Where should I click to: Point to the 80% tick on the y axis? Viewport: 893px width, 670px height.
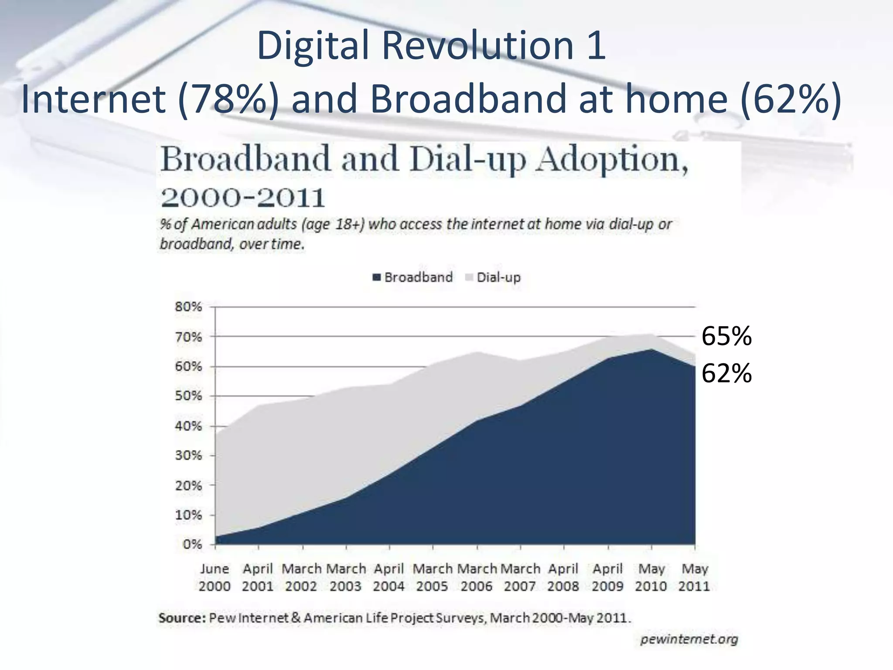point(189,307)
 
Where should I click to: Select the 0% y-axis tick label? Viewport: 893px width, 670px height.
point(192,544)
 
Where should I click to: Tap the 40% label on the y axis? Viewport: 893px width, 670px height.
point(189,426)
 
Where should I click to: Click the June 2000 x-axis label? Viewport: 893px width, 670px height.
point(215,577)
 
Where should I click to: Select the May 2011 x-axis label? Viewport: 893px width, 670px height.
point(694,577)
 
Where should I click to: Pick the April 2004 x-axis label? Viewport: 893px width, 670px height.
point(389,577)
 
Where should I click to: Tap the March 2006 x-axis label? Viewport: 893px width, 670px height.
point(477,577)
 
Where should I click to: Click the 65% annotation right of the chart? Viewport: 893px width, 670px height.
point(726,336)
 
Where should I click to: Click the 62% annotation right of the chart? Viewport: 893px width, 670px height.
point(726,373)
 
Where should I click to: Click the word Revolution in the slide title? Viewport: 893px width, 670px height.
point(477,45)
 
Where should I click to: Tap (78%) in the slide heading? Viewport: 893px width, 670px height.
point(228,99)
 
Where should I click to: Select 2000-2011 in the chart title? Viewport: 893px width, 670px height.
point(242,198)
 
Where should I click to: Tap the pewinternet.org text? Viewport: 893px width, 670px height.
point(689,639)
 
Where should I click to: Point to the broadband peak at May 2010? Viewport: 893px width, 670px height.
point(651,349)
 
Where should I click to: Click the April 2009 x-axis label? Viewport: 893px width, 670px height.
point(607,577)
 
